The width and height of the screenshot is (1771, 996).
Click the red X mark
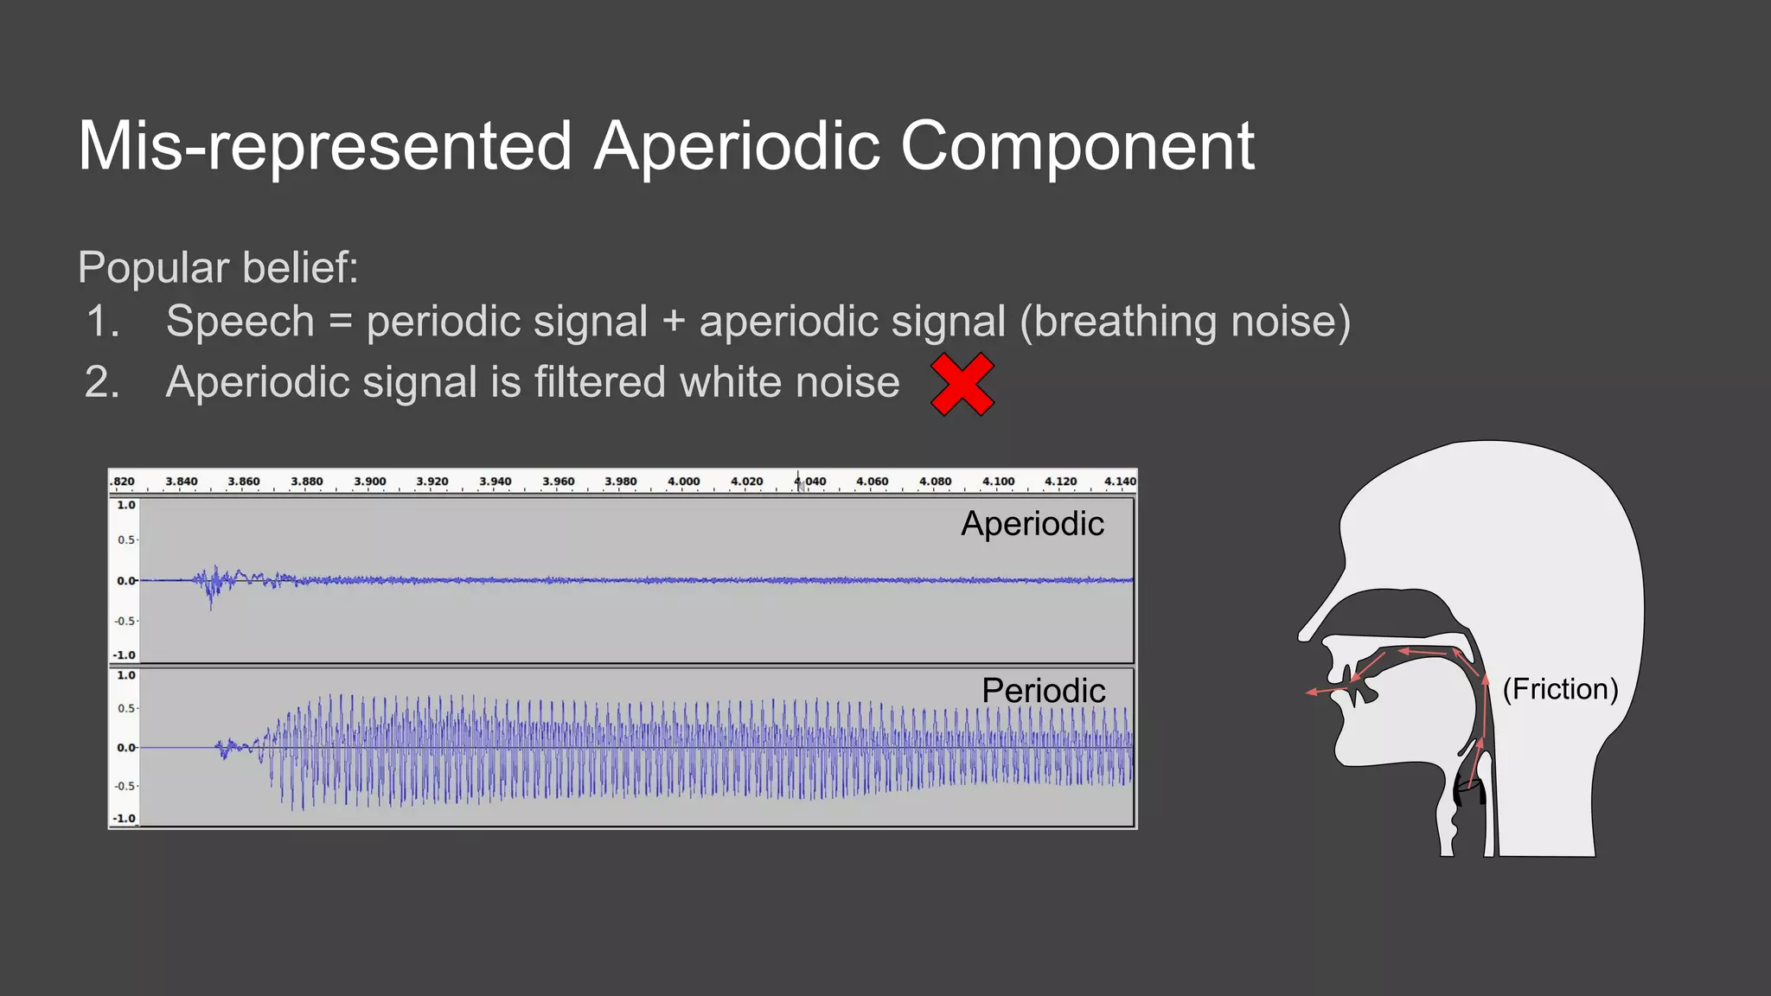(962, 384)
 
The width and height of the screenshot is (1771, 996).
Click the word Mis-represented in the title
(324, 146)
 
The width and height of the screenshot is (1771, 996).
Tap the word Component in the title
(1077, 146)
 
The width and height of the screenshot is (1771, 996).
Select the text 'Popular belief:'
(218, 267)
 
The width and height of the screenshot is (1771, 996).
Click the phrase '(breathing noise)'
(1185, 322)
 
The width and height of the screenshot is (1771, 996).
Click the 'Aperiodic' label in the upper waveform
(1032, 524)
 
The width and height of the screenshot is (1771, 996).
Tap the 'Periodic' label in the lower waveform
(1043, 691)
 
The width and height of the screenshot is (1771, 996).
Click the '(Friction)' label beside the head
(1560, 689)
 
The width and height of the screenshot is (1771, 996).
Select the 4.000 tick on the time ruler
(683, 482)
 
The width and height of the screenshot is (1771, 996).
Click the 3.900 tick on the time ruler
(369, 482)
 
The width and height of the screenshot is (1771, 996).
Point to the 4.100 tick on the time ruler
(998, 482)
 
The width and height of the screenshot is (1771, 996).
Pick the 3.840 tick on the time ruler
(182, 482)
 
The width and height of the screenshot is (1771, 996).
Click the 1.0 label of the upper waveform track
(126, 505)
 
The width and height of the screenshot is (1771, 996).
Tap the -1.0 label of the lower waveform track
(125, 818)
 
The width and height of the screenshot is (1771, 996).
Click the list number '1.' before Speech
(103, 322)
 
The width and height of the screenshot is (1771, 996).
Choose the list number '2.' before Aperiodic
(102, 382)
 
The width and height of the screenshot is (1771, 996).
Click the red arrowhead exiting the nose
(1312, 692)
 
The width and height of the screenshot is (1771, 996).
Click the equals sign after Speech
(341, 322)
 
